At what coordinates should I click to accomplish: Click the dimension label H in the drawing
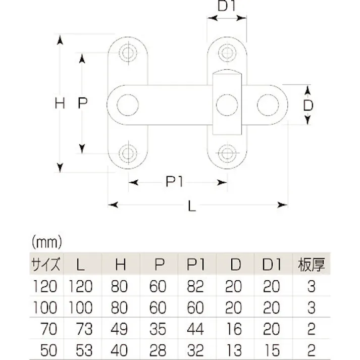60,104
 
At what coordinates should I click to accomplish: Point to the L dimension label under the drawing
192,206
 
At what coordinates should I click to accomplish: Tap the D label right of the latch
309,105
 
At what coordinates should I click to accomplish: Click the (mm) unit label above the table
46,241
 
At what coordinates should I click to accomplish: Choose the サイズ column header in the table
46,264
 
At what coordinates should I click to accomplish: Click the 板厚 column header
311,264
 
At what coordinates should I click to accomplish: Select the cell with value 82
196,287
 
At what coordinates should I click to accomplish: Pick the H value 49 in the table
120,329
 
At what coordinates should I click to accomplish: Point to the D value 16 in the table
234,329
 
